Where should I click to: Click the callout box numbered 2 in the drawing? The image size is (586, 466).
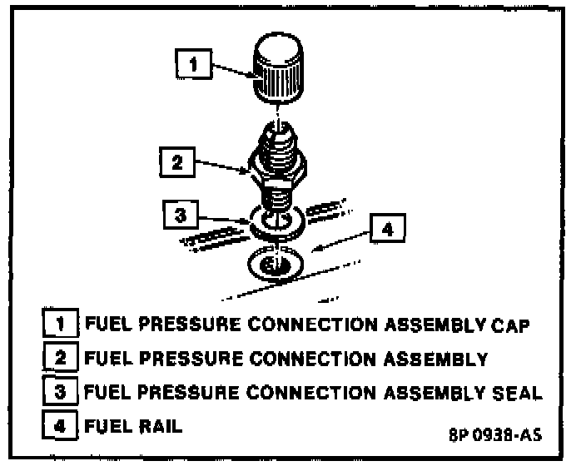click(176, 163)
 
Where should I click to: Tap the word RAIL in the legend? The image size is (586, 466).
click(156, 424)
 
